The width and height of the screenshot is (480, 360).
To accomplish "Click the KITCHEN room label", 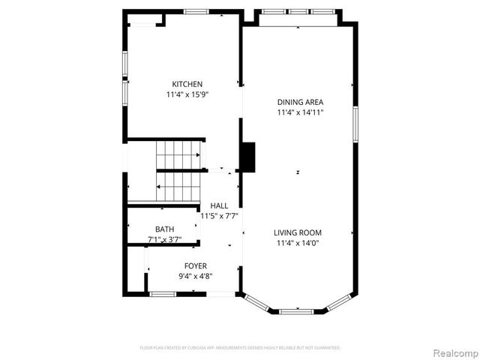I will pyautogui.click(x=187, y=84).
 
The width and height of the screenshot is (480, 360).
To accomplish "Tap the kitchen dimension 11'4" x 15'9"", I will pyautogui.click(x=187, y=94).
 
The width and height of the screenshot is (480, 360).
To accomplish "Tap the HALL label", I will pyautogui.click(x=219, y=205).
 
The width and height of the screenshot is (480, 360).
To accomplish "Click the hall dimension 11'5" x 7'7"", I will pyautogui.click(x=220, y=216).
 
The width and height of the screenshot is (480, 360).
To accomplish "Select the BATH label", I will pyautogui.click(x=164, y=229).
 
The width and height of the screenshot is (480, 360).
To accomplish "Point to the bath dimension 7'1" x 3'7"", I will pyautogui.click(x=164, y=239).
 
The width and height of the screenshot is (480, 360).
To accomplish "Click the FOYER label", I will pyautogui.click(x=196, y=266).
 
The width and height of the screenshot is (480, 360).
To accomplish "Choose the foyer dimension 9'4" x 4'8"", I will pyautogui.click(x=196, y=276).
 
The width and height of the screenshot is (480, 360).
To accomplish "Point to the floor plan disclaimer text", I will pyautogui.click(x=240, y=348).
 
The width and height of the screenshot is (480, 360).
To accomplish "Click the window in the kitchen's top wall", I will pyautogui.click(x=196, y=10).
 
